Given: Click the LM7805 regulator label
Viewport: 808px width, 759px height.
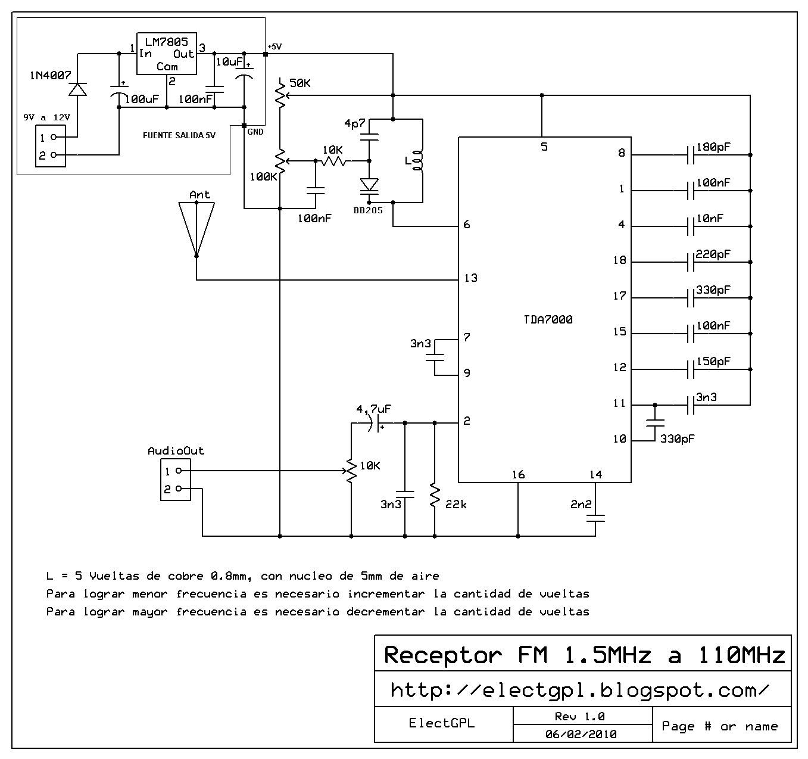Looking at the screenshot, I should [x=166, y=42].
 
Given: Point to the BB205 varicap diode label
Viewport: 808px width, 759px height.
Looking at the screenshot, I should [x=368, y=210].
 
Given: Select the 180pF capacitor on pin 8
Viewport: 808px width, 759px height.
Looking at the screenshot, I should [x=691, y=155].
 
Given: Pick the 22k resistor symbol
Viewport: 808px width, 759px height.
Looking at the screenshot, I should [x=435, y=495].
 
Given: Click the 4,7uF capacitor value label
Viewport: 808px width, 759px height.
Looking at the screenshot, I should [x=373, y=409].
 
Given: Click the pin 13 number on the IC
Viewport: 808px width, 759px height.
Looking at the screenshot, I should [x=470, y=278].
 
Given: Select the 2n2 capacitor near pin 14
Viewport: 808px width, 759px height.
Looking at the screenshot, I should [x=595, y=518].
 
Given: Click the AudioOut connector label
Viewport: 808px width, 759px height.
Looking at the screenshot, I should [x=176, y=451].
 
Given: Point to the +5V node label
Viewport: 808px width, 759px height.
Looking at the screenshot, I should [x=274, y=46].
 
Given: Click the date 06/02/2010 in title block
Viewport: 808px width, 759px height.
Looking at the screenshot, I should [x=581, y=734].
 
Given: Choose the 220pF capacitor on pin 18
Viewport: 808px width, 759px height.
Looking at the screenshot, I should [x=691, y=262].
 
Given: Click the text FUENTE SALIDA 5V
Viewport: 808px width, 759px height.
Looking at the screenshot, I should [x=179, y=135].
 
